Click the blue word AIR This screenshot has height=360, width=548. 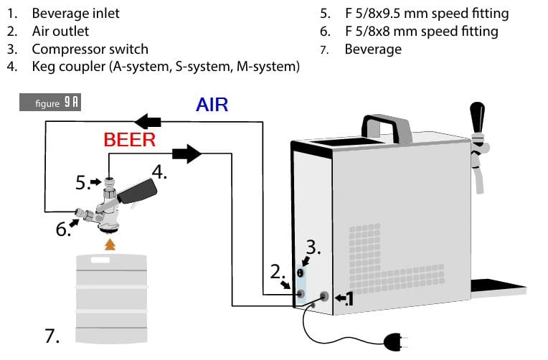click(x=212, y=104)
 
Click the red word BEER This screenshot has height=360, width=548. click(x=130, y=139)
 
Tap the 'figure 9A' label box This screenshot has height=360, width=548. click(x=49, y=103)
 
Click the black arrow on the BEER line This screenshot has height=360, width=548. click(x=187, y=152)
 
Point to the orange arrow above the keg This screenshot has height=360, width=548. click(x=110, y=245)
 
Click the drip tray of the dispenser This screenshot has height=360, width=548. click(x=498, y=287)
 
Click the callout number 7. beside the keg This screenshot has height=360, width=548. click(x=52, y=335)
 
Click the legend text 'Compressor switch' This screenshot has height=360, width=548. click(x=90, y=49)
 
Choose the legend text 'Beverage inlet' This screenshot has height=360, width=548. click(x=76, y=14)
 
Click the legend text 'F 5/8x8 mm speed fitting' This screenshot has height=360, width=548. click(x=421, y=32)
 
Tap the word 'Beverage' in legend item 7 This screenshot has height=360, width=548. click(x=373, y=49)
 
